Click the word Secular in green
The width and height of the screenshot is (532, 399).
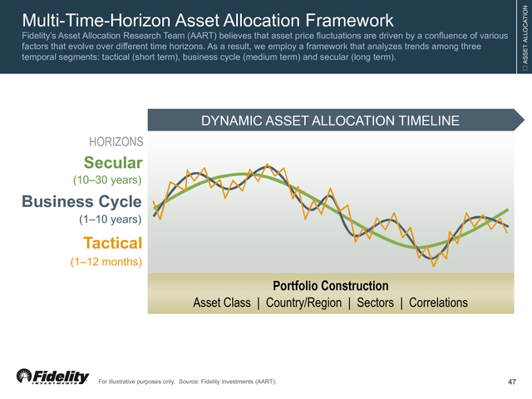[113, 163]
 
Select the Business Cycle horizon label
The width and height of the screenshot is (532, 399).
[81, 202]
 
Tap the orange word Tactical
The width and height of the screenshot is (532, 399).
[113, 243]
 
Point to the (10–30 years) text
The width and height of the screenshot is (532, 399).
[107, 180]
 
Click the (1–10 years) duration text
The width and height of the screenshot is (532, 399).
[111, 219]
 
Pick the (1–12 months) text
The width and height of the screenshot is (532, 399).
[106, 262]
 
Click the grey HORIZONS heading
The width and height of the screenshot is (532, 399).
[116, 142]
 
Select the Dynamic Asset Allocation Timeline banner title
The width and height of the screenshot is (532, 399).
[330, 121]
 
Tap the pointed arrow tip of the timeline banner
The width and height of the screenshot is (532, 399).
[525, 120]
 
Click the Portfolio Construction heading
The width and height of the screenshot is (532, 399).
[331, 286]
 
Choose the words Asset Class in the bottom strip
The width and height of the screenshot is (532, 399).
[222, 303]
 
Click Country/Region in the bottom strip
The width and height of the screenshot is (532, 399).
[303, 303]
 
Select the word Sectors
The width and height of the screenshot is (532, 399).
[375, 303]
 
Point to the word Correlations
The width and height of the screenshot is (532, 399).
[438, 303]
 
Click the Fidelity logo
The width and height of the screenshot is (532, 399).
[52, 377]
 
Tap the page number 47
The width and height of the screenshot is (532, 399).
[512, 382]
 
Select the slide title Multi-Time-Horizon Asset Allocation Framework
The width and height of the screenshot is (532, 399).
[208, 20]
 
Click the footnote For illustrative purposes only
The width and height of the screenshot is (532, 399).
[136, 382]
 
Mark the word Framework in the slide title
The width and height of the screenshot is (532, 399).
[349, 20]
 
